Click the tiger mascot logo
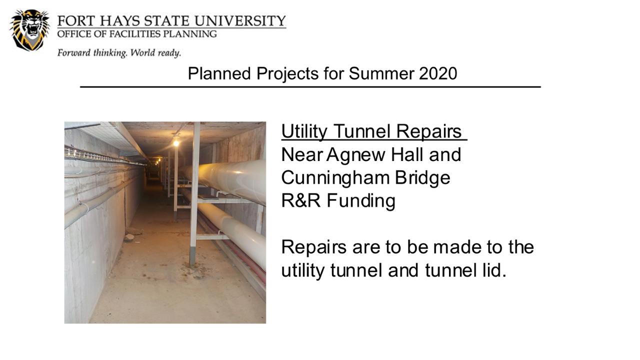pos(30,30)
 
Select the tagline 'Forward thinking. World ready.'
pos(119,53)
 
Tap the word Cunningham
pos(335,178)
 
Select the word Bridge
pos(422,178)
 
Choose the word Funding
pos(361,201)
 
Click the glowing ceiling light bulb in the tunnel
pos(176,142)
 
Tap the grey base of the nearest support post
pos(193,256)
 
